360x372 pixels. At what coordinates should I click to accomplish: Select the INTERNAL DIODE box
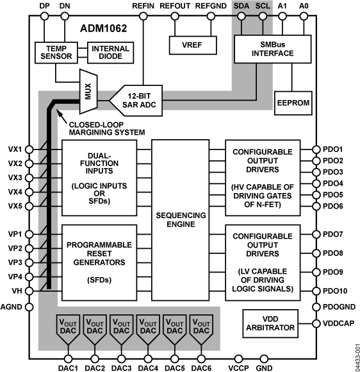(110, 54)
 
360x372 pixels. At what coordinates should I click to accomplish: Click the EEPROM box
(292, 101)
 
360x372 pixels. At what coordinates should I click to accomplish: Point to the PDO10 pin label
(333, 291)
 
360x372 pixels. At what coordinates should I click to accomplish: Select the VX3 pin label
(15, 177)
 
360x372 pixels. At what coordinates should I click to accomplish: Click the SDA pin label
(241, 5)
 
